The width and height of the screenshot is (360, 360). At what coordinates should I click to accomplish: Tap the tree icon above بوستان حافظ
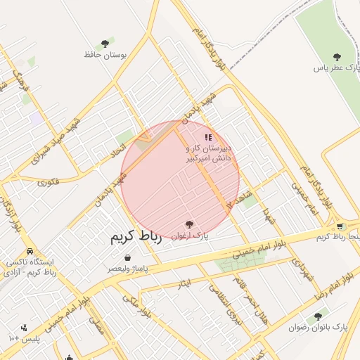pos(105,44)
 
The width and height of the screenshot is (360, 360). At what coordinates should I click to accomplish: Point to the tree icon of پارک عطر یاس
pos(337,56)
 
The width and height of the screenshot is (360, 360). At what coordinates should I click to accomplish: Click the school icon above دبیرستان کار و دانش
pos(207,137)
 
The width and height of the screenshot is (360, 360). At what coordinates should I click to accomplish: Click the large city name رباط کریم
pos(136,238)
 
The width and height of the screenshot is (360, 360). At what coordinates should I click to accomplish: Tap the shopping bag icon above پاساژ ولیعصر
pos(127,258)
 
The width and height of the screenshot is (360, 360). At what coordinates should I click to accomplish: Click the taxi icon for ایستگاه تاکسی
pos(30,251)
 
